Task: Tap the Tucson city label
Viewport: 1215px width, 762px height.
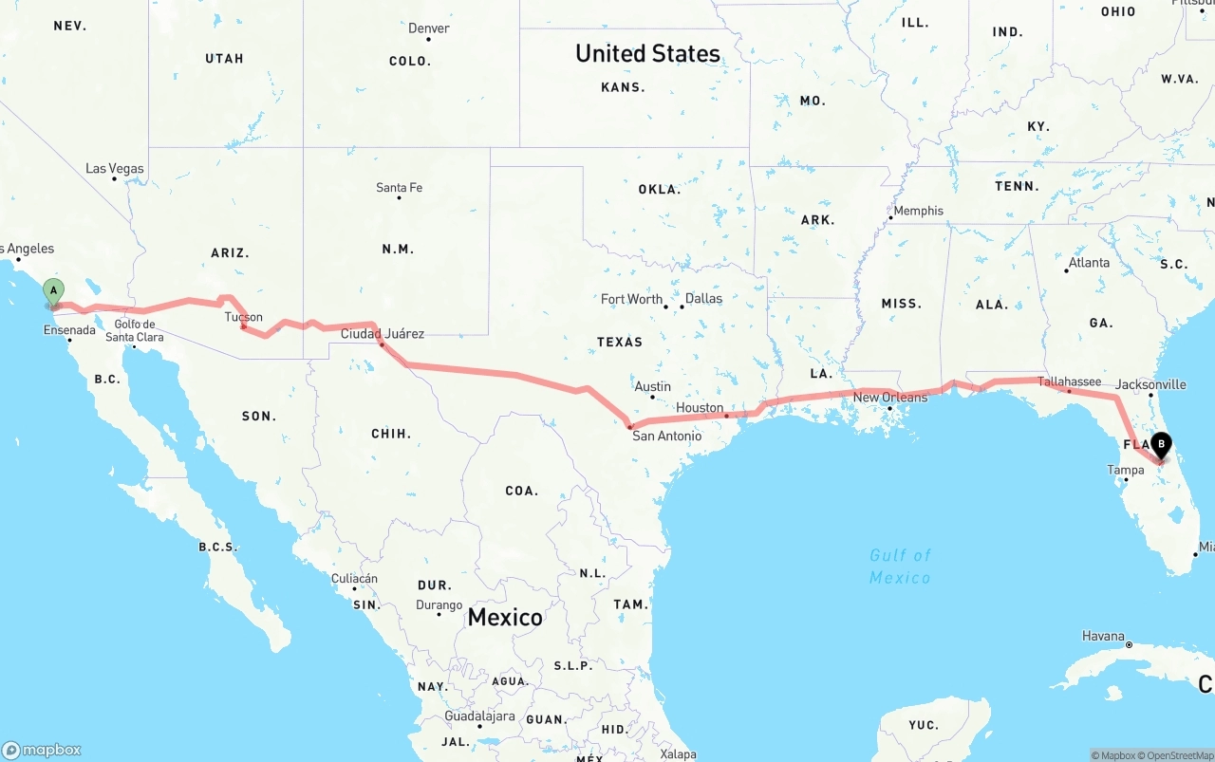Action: pyautogui.click(x=244, y=318)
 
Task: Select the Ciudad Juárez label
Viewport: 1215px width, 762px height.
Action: pyautogui.click(x=383, y=333)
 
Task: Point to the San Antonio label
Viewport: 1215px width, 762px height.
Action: pyautogui.click(x=667, y=436)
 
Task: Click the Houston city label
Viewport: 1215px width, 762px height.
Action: pyautogui.click(x=700, y=407)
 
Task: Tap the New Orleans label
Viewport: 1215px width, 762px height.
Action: pyautogui.click(x=890, y=397)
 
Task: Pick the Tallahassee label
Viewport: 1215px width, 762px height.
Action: pyautogui.click(x=1070, y=381)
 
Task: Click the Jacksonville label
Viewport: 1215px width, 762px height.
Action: pyautogui.click(x=1151, y=384)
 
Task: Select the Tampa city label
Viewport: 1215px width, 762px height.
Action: pyautogui.click(x=1126, y=470)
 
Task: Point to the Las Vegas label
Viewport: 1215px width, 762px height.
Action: pyautogui.click(x=115, y=168)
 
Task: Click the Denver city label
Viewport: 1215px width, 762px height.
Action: pyautogui.click(x=429, y=28)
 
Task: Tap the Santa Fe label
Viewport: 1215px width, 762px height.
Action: pyautogui.click(x=399, y=187)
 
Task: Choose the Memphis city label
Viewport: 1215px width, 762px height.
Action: pyautogui.click(x=918, y=211)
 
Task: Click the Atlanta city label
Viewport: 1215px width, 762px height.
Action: pyautogui.click(x=1089, y=262)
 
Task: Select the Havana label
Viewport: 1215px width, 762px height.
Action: pyautogui.click(x=1103, y=636)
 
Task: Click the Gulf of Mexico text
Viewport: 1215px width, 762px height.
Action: pyautogui.click(x=901, y=566)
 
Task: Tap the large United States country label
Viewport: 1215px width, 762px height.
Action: pyautogui.click(x=647, y=53)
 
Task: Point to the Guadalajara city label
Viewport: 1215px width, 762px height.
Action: pyautogui.click(x=479, y=716)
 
